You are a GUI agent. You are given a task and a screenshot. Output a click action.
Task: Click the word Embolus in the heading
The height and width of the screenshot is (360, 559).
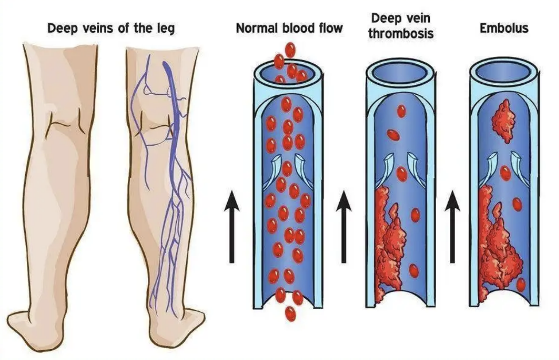(504, 28)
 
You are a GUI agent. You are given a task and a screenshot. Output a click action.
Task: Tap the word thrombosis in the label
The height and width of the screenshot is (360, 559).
(401, 33)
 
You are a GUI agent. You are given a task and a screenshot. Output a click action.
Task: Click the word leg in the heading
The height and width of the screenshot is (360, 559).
(165, 29)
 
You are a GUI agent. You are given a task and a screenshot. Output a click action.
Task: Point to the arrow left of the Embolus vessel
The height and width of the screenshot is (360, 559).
(452, 227)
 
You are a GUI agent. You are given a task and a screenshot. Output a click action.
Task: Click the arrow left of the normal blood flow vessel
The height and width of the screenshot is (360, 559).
(232, 227)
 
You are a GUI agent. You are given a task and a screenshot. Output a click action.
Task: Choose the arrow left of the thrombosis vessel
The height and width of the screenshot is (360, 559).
(344, 227)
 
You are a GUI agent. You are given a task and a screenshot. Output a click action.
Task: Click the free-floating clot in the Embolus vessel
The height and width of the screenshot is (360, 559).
(503, 121)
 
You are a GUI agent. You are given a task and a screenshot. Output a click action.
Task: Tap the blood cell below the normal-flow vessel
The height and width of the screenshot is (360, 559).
(290, 313)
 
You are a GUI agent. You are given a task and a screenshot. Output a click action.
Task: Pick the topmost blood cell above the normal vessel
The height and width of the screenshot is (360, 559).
(290, 49)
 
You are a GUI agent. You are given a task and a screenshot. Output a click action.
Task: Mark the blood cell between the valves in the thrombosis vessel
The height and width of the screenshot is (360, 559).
(402, 174)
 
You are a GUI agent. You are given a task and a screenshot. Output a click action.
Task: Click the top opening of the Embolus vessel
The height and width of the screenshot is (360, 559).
(504, 73)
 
